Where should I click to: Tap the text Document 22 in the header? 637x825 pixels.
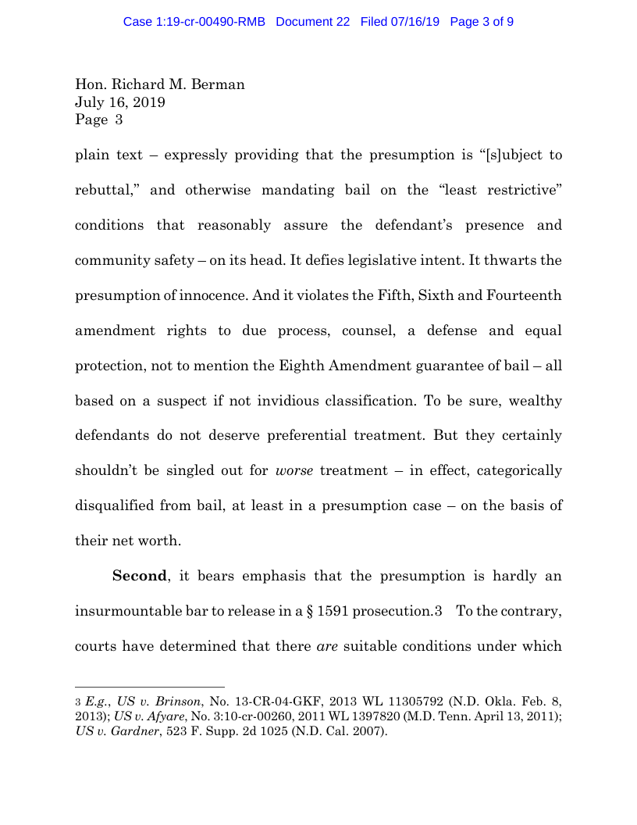pyautogui.click(x=312, y=22)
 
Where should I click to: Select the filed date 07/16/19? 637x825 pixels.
pyautogui.click(x=416, y=22)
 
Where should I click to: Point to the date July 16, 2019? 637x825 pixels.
pyautogui.click(x=119, y=102)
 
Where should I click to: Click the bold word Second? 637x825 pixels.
pyautogui.click(x=140, y=577)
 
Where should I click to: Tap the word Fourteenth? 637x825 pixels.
pyautogui.click(x=521, y=295)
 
